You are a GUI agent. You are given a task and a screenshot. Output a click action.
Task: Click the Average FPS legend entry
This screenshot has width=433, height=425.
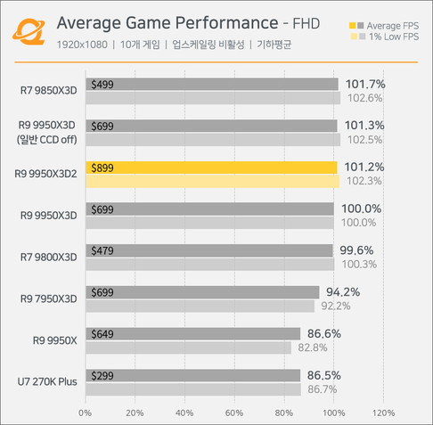[388, 28]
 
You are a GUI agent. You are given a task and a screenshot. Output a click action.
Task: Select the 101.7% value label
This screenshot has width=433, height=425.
[359, 84]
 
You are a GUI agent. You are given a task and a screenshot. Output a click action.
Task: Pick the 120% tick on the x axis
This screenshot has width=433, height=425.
[383, 413]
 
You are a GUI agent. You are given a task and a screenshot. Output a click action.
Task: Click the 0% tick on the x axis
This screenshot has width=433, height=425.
[86, 413]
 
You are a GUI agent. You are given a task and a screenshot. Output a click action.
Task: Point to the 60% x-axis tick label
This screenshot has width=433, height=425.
[234, 413]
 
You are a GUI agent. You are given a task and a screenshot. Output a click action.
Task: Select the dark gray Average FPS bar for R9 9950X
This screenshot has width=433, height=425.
[192, 333]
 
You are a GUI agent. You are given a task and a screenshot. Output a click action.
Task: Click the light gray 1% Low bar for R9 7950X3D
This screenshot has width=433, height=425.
[200, 306]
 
